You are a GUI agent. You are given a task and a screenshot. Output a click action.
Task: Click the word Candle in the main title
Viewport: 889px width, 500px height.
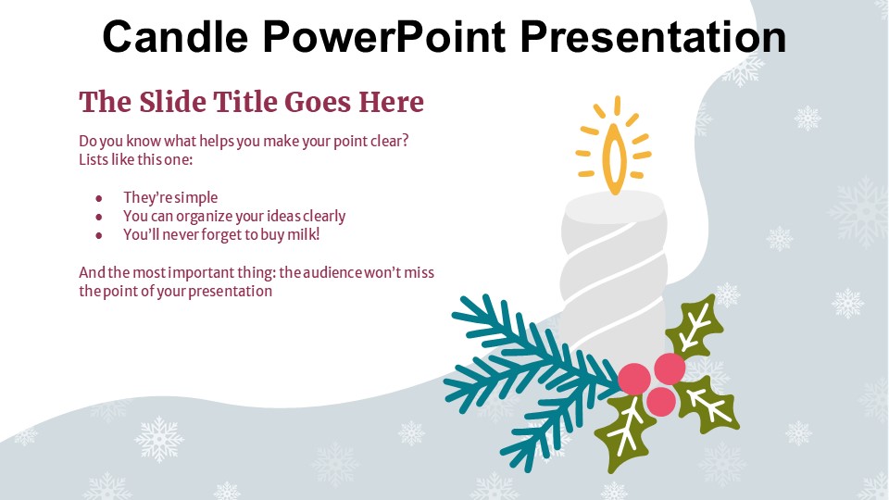point(175,36)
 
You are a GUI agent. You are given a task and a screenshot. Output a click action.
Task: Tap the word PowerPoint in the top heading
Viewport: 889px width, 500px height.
point(383,36)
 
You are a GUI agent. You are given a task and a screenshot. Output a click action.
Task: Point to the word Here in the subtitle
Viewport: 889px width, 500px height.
point(391,102)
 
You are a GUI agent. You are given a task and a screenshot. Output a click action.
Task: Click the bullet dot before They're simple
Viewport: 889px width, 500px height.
point(99,198)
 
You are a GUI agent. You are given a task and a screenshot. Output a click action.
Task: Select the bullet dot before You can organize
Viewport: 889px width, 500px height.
point(99,217)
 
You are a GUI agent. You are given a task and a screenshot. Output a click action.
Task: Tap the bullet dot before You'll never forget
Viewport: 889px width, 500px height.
point(99,236)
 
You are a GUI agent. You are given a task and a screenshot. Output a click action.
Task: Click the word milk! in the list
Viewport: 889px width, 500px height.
point(304,234)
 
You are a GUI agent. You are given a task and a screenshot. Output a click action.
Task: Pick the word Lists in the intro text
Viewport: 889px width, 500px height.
point(94,159)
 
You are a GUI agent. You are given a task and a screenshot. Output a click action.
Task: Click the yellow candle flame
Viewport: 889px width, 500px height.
point(614,158)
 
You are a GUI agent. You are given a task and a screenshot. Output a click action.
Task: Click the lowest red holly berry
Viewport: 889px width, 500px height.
point(660,401)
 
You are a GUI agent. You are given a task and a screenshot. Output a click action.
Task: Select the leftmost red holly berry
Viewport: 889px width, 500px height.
point(633,380)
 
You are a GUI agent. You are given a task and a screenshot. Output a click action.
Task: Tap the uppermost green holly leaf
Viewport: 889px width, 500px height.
point(695,327)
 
